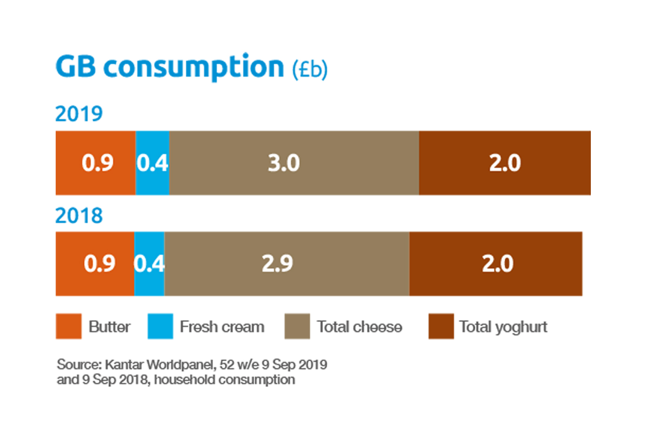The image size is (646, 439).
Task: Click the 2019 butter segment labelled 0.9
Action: pos(96,163)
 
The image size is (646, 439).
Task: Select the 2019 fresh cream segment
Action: pos(152,163)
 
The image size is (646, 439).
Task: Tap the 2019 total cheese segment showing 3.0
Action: pos(294,163)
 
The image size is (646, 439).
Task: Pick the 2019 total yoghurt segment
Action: pos(505,163)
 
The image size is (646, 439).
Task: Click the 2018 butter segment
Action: pos(95,263)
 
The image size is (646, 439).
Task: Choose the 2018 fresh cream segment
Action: pos(149,263)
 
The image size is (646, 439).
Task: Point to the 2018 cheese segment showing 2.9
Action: pos(287,263)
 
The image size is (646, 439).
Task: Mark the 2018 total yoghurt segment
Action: pos(496,263)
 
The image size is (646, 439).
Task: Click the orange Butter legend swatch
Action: pos(68,326)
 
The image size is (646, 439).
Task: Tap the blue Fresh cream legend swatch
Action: pos(160,326)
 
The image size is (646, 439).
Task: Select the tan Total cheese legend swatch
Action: pos(297,326)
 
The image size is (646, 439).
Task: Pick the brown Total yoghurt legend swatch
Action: pos(441,326)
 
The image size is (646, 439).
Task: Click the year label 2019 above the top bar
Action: pos(79,114)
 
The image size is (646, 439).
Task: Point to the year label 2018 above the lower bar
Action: pos(79,216)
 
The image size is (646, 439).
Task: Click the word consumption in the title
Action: pos(193,67)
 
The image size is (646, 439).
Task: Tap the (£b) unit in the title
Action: pos(309,69)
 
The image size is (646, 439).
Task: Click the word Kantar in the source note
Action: pos(124,365)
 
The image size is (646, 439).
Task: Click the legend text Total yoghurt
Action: pos(503,327)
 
